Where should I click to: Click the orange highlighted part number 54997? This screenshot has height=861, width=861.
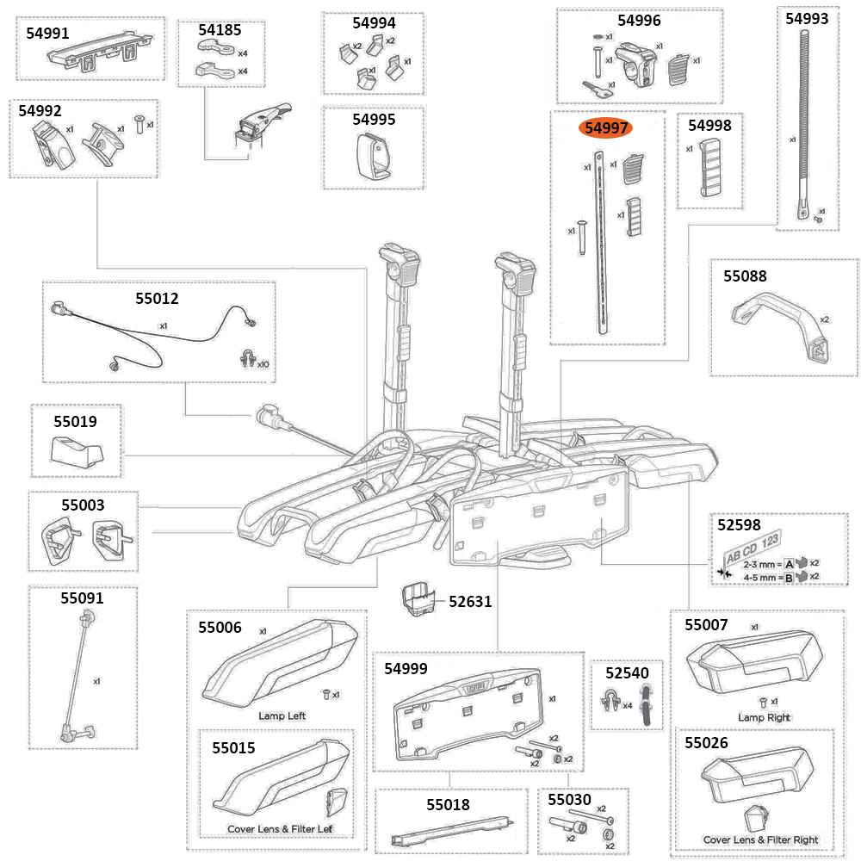607,128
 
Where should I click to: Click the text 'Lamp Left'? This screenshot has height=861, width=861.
282,715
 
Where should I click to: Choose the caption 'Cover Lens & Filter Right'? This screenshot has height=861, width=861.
760,839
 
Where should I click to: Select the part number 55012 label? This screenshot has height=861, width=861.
157,299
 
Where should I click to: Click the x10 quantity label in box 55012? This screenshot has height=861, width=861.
262,364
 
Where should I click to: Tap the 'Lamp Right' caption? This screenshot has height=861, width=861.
764,717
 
